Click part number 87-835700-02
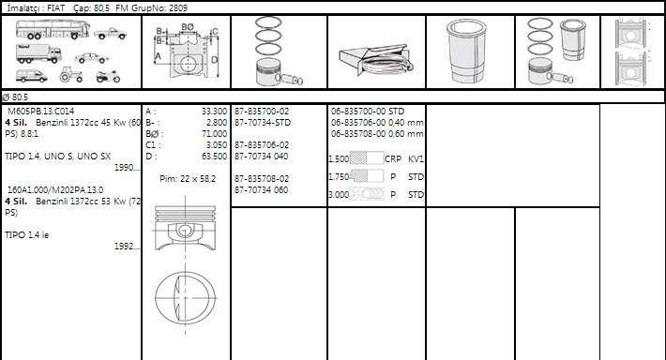[262, 111]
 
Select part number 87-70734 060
[262, 189]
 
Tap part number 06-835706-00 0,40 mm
[377, 122]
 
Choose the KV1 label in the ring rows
[416, 159]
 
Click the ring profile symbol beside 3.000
[367, 194]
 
